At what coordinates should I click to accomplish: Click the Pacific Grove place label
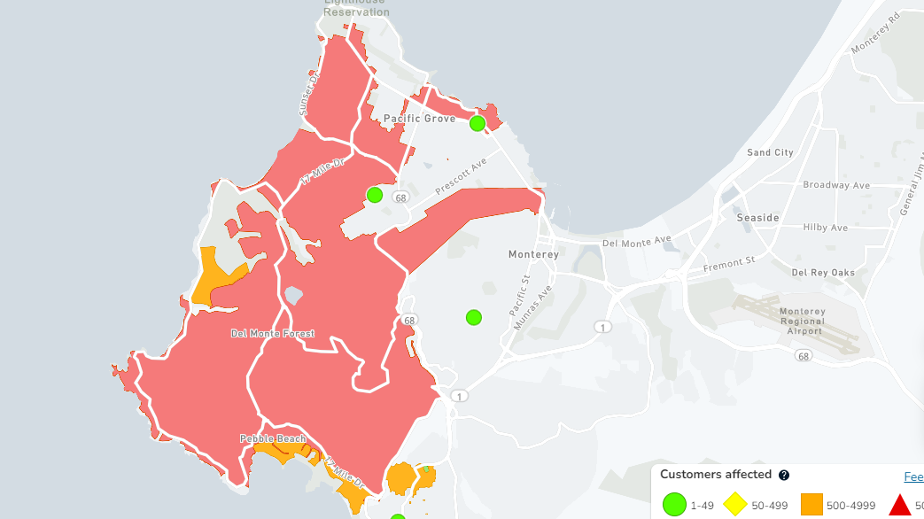(419, 119)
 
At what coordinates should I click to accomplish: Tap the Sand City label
(770, 152)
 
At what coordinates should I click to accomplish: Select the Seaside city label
(757, 218)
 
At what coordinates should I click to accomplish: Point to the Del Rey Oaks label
(823, 273)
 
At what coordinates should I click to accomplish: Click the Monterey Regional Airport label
(802, 321)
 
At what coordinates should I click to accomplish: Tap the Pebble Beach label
(272, 439)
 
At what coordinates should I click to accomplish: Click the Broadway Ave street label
(836, 185)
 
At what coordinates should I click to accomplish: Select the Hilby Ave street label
(826, 228)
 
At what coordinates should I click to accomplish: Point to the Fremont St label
(728, 264)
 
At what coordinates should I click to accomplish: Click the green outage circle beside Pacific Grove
(478, 123)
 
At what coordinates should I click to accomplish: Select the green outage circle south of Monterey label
(474, 317)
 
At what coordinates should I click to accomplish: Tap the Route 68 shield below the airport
(804, 356)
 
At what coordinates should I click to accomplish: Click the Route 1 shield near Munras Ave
(603, 328)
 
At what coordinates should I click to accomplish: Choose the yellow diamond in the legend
(734, 505)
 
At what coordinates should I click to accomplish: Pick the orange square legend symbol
(812, 505)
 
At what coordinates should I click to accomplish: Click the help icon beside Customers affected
(784, 475)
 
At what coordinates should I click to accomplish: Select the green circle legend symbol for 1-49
(675, 505)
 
